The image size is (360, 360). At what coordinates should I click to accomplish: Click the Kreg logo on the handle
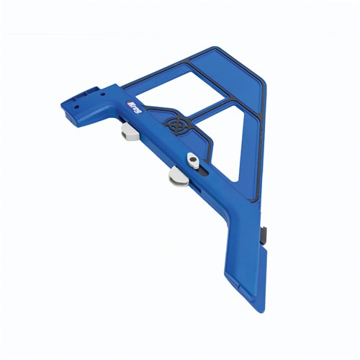(x=133, y=111)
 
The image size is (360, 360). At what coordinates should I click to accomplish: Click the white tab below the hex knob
(x=178, y=174)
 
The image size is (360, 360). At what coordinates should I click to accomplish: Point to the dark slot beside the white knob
(x=207, y=171)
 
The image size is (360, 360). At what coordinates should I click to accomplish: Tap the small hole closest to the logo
(x=101, y=95)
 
